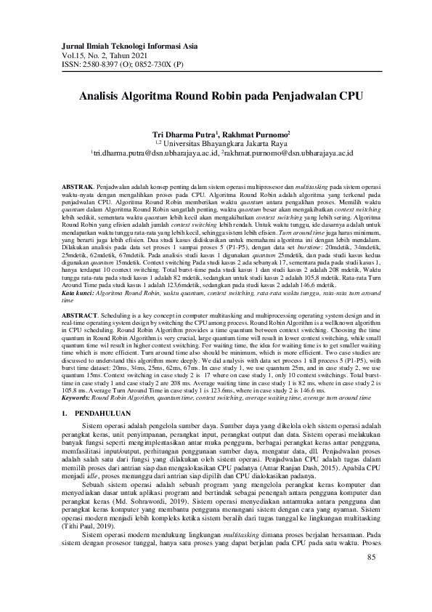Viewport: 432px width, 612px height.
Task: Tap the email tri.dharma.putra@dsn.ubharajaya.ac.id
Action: (x=154, y=154)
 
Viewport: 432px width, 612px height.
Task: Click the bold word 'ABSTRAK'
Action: (x=77, y=188)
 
